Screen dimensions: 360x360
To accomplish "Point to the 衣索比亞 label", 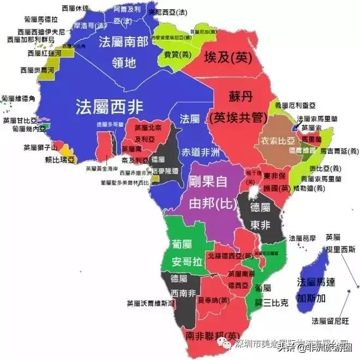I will click(x=279, y=140).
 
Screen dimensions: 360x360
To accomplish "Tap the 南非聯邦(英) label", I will click(x=212, y=335).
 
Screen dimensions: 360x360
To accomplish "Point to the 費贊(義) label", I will click(x=170, y=55).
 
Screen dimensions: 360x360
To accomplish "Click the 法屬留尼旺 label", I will click(x=330, y=320).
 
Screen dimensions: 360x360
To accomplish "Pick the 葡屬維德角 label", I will click(x=18, y=99).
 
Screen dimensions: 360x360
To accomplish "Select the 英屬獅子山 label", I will click(x=40, y=147).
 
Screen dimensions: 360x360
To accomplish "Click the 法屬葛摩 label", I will click(x=302, y=238).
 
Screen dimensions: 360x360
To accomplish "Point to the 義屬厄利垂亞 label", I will click(x=294, y=105).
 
